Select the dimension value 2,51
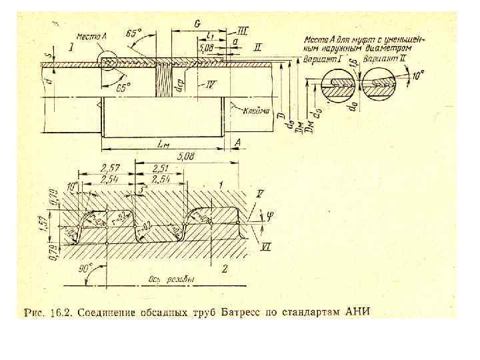[159, 167]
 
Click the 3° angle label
[142, 190]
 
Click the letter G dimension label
[198, 24]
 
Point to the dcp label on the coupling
[177, 85]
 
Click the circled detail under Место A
[109, 62]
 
